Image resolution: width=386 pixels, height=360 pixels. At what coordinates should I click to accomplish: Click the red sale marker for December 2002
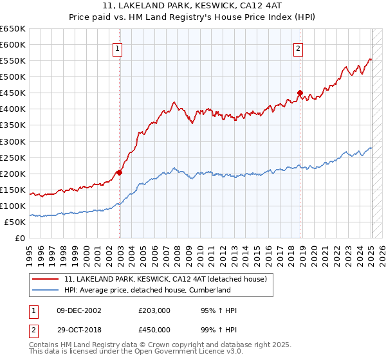click(120, 172)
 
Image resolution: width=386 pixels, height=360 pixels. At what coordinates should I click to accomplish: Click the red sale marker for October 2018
click(300, 93)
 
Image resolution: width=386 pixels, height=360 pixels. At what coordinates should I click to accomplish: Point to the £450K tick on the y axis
click(13, 93)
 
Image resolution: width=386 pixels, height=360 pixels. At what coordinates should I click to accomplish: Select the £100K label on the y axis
click(13, 206)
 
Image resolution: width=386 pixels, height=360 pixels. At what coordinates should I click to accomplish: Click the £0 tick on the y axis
click(19, 238)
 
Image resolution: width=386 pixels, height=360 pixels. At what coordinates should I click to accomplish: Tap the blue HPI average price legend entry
click(147, 290)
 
